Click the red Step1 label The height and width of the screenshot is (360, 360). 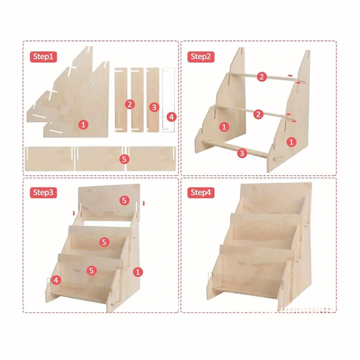[x=43, y=57]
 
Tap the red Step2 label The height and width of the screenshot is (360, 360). [x=201, y=57]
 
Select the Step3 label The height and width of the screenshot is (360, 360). [x=43, y=192]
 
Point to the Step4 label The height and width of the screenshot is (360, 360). [x=201, y=192]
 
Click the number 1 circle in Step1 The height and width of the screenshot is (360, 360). [x=83, y=125]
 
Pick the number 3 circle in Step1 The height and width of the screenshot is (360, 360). [x=154, y=107]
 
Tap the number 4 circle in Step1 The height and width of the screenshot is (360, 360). [x=171, y=117]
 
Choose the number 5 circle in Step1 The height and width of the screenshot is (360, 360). [x=124, y=159]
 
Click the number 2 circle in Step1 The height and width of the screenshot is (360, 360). [x=130, y=104]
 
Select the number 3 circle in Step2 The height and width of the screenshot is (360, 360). [x=242, y=153]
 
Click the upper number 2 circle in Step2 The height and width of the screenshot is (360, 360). [x=262, y=77]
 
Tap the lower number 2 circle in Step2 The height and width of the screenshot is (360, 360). [x=258, y=114]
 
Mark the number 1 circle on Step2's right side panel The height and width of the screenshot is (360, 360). [x=291, y=142]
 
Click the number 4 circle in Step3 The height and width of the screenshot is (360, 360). [x=56, y=280]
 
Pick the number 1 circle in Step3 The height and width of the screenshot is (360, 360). [x=138, y=272]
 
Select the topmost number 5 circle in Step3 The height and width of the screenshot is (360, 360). [x=124, y=200]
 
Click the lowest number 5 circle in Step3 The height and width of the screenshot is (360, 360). [x=91, y=271]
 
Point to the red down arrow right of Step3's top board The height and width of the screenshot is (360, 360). [x=144, y=204]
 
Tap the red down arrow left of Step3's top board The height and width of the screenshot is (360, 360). [x=74, y=213]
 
